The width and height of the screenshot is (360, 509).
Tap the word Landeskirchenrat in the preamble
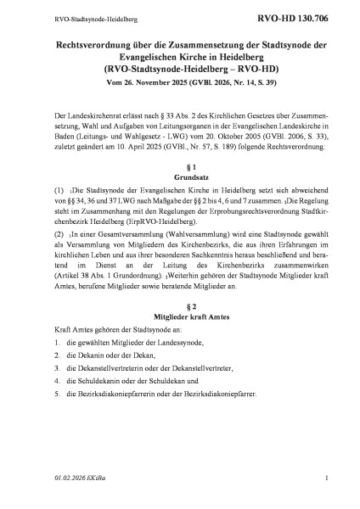click(x=95, y=114)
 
